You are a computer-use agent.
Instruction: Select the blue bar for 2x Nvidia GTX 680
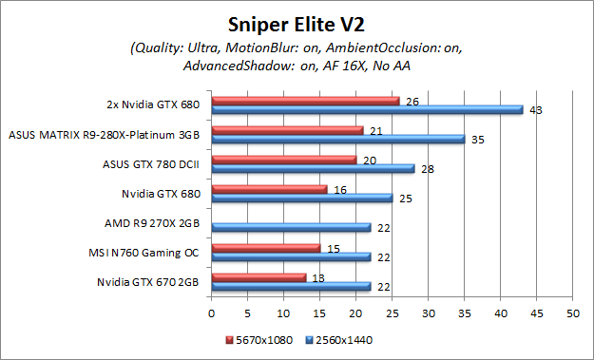(x=367, y=109)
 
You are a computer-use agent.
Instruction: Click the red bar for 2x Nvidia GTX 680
(x=305, y=100)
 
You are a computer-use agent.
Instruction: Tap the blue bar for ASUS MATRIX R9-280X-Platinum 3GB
(x=337, y=139)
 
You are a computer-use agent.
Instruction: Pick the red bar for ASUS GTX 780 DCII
(x=283, y=159)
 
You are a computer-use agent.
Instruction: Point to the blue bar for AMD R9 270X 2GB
(x=291, y=227)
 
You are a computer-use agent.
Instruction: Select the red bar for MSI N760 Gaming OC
(x=265, y=247)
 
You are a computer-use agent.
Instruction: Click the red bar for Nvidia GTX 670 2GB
(x=259, y=276)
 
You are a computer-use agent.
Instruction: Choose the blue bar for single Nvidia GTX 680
(x=301, y=198)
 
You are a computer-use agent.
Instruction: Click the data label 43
(x=536, y=110)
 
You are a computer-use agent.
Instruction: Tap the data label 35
(x=478, y=140)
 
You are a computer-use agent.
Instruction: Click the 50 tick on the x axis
(x=571, y=311)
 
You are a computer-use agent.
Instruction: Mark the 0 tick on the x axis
(x=211, y=311)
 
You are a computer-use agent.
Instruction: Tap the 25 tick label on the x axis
(x=392, y=311)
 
